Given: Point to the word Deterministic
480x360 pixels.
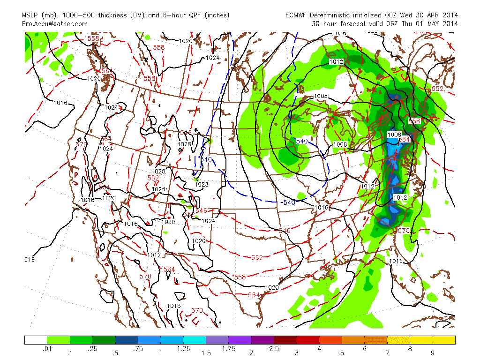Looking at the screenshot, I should coord(335,15).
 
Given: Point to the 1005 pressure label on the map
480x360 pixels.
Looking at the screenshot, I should coord(394,135).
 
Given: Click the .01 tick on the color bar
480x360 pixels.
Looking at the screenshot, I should coord(47,349).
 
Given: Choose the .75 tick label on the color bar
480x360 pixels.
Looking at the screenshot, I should coord(138,349).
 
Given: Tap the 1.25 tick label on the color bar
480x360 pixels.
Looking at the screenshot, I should coord(183,349).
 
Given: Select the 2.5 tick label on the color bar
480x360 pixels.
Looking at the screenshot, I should coord(274,349).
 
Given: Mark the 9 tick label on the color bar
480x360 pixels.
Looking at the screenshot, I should coord(433,349).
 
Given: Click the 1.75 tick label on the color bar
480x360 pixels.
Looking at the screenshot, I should coord(229,349).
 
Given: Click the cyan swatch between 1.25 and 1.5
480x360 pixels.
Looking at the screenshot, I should coord(195,340).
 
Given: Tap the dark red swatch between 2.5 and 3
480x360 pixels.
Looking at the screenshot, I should coord(285,340).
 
